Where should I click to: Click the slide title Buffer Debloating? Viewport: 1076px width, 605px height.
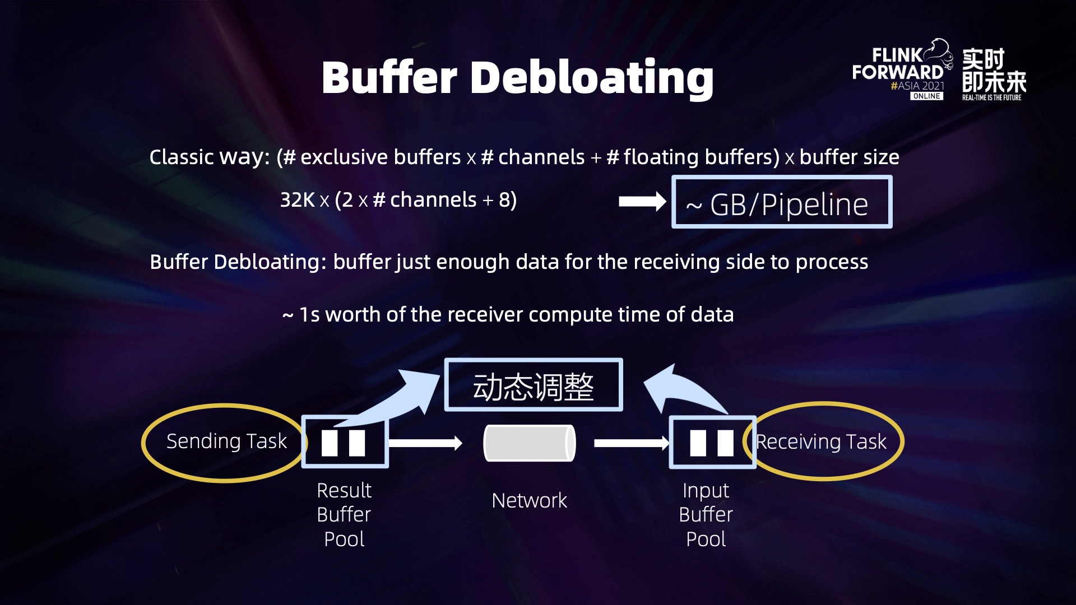(x=517, y=78)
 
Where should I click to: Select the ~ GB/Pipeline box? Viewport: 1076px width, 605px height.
(x=781, y=202)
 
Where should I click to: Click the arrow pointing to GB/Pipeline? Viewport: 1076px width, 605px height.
(x=642, y=202)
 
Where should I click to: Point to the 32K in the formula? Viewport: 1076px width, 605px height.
(x=297, y=200)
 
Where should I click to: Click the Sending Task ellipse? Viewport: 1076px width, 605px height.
(x=224, y=443)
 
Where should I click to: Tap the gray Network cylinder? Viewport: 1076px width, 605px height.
(x=529, y=443)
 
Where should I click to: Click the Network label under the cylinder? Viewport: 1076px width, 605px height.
(x=529, y=500)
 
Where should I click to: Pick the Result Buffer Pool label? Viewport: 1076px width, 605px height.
(x=344, y=514)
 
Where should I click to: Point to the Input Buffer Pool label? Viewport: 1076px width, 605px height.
(x=706, y=514)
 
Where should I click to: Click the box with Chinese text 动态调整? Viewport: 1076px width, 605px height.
(x=533, y=385)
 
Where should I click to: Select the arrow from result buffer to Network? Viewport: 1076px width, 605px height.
(x=425, y=443)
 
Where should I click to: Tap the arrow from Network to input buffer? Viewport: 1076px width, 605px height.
(x=631, y=443)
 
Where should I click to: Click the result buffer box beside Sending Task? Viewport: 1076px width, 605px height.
(x=345, y=443)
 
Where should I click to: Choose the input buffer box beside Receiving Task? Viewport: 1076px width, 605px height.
(x=711, y=443)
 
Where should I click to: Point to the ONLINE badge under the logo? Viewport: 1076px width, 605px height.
(x=926, y=96)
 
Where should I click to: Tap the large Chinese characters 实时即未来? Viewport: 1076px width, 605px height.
(x=994, y=70)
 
